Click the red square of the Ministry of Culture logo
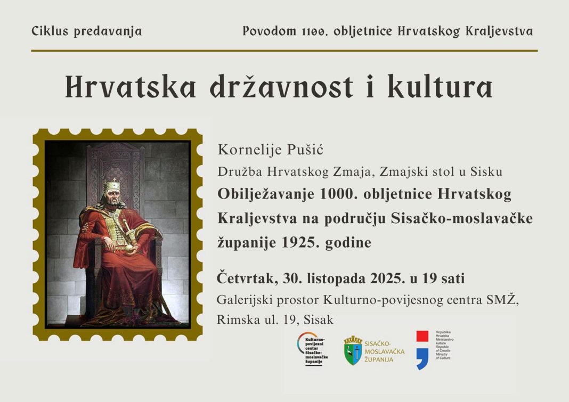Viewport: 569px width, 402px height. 422,337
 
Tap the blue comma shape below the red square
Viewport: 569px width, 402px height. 422,359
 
